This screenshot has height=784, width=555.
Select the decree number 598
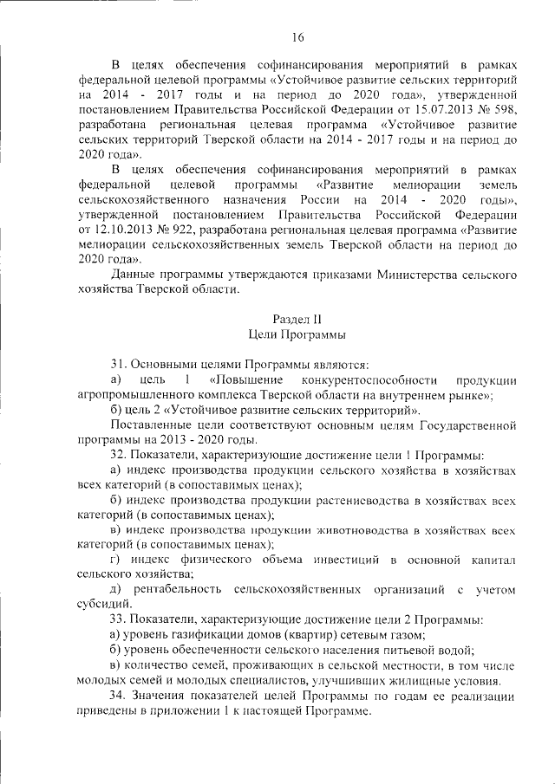coord(505,109)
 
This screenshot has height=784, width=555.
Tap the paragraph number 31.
coord(119,365)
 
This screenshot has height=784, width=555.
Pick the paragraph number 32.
coord(119,454)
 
